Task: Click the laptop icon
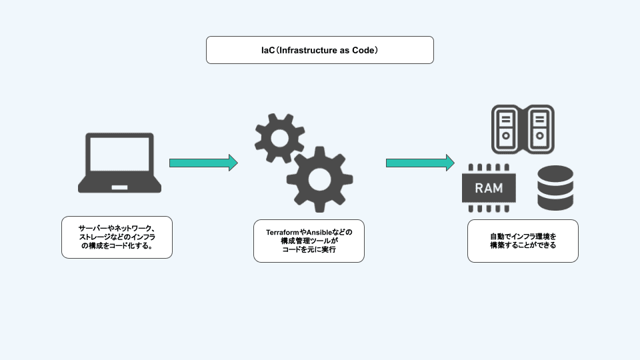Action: pos(119,163)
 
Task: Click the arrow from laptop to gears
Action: pos(203,163)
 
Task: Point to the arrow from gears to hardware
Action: pos(420,163)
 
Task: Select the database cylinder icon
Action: pos(555,188)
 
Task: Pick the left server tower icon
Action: pos(506,127)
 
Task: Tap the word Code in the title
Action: pos(363,50)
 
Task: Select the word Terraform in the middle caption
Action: pos(283,231)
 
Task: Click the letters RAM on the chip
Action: pos(489,188)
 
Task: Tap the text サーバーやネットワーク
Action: pos(117,227)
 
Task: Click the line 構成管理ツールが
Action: pos(309,241)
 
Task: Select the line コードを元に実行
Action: pos(309,250)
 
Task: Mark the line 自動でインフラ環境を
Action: pos(523,237)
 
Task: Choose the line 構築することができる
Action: pos(523,246)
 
